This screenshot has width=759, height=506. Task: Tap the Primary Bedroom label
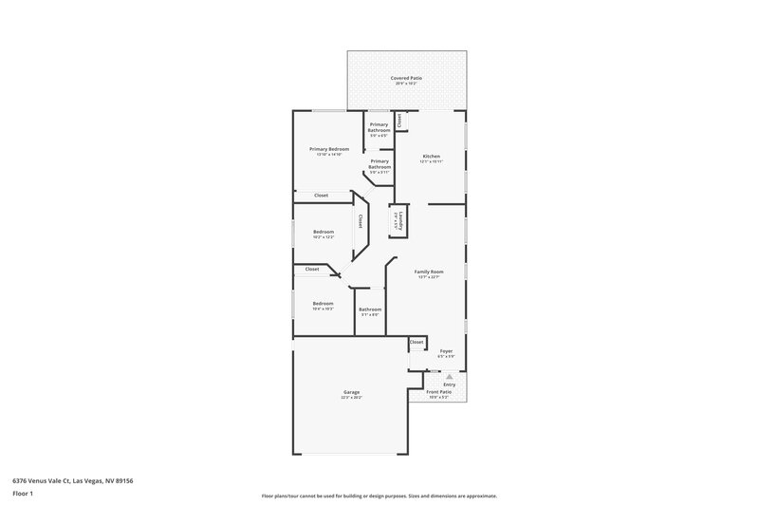(x=329, y=150)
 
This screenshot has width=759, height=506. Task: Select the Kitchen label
(x=432, y=157)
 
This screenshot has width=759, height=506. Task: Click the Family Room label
(x=429, y=272)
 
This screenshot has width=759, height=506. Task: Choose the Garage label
(x=351, y=392)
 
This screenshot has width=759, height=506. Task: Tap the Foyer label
(x=445, y=351)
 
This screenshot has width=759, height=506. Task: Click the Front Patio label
(x=438, y=391)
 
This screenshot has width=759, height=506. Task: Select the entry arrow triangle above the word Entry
(x=449, y=375)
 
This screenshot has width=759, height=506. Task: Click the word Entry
(x=449, y=384)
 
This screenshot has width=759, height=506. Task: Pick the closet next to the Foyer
(x=417, y=342)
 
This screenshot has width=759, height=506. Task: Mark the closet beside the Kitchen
(x=400, y=122)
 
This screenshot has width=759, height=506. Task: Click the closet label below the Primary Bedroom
(x=321, y=196)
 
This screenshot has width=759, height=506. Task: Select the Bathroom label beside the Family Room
(x=370, y=309)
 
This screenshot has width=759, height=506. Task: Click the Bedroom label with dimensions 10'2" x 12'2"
(x=324, y=232)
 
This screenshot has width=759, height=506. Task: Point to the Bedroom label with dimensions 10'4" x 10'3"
(x=324, y=304)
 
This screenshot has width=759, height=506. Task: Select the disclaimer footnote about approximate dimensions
(x=379, y=496)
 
